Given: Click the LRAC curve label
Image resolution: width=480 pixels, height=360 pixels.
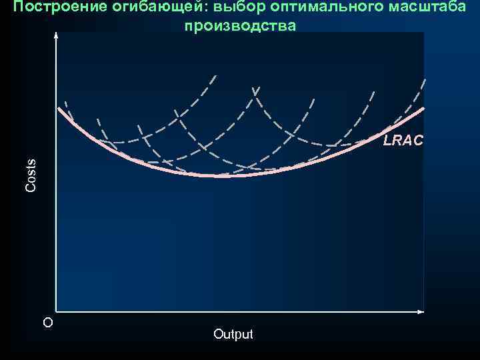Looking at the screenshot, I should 403,141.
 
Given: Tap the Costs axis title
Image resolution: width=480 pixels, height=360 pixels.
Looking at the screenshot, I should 31,176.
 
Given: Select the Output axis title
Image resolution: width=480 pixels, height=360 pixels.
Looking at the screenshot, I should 233,334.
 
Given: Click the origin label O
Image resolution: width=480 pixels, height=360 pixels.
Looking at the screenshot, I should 47,323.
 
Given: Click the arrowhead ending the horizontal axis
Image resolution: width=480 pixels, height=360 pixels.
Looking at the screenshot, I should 422,311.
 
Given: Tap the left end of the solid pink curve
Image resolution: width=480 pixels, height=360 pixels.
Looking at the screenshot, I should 59,107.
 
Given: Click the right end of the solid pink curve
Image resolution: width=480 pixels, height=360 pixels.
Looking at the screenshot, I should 424,108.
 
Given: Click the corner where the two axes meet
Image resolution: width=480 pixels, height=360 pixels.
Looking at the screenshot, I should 56,311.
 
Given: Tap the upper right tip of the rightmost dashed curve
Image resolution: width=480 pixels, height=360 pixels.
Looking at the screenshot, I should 425,81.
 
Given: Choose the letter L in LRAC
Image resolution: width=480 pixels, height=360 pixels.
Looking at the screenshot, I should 387,141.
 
